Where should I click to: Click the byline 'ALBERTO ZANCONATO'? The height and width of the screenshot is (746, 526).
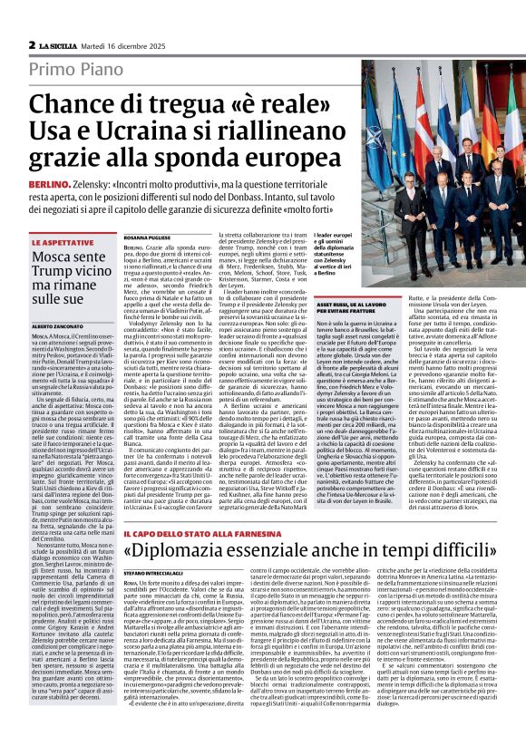pos(59,324)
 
